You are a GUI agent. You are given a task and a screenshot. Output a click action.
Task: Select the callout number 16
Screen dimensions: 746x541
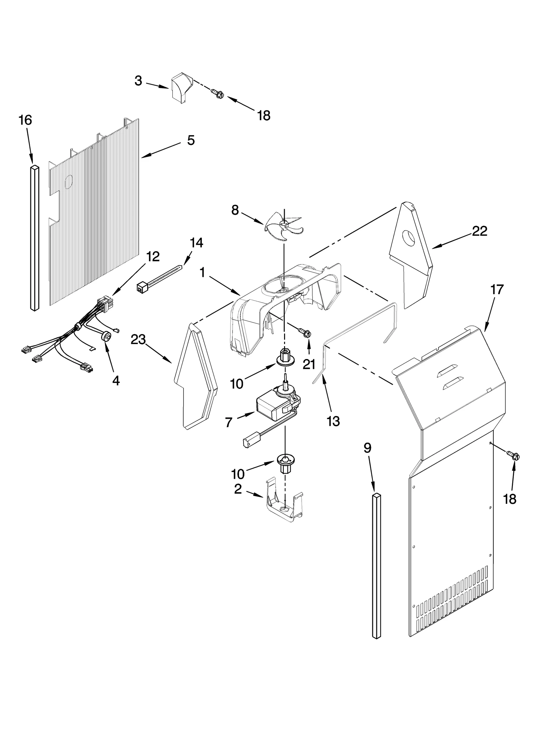tap(25, 120)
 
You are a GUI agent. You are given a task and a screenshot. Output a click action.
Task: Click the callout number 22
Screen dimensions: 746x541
tap(479, 231)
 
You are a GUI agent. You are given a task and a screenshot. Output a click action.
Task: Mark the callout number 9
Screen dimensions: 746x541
tap(367, 448)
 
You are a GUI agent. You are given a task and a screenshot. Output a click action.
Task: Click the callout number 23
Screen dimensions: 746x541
tap(138, 340)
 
